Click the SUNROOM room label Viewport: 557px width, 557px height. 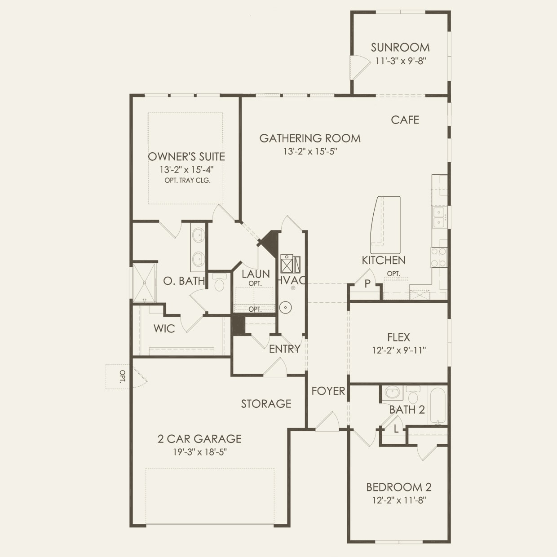click(x=400, y=47)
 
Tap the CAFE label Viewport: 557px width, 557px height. click(x=405, y=120)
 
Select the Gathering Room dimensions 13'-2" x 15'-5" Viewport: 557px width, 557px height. click(x=310, y=151)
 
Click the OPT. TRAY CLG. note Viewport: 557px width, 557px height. click(x=187, y=181)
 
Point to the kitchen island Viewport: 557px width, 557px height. click(x=385, y=224)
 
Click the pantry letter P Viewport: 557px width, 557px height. click(x=367, y=284)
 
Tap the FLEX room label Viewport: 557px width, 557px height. click(x=398, y=337)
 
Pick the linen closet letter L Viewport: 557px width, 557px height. click(x=396, y=429)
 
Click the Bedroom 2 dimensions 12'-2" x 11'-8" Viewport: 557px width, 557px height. click(x=398, y=500)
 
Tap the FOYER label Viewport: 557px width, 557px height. click(x=328, y=391)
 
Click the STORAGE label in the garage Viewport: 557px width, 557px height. click(x=266, y=404)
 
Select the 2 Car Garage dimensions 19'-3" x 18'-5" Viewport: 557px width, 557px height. click(x=199, y=452)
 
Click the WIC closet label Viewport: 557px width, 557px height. click(x=164, y=329)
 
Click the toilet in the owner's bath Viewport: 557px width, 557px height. click(x=220, y=283)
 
